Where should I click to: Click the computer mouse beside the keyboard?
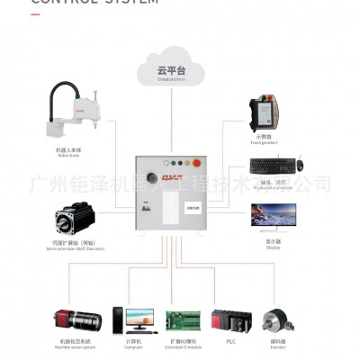(300, 165)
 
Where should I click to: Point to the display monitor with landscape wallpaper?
(273, 216)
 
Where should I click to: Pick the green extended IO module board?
(184, 321)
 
